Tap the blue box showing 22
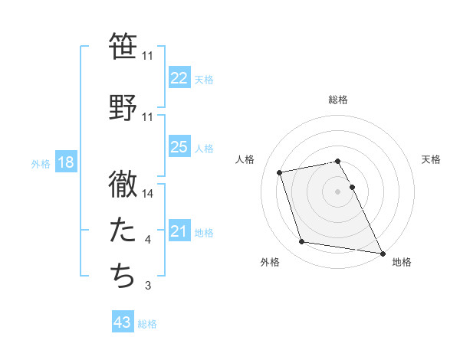tap(179, 78)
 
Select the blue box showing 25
tap(179, 147)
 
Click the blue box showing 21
tap(179, 231)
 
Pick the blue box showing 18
tap(64, 163)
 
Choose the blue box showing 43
tap(123, 323)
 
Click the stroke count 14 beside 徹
tap(148, 194)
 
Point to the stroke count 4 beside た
tap(148, 241)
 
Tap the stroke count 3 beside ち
tap(148, 286)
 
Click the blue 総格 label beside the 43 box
tap(147, 324)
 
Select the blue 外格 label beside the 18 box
tap(40, 164)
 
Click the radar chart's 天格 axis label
tap(431, 159)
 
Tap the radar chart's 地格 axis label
tap(402, 262)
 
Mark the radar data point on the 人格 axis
tap(280, 172)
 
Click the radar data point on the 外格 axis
tap(302, 242)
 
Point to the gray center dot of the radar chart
tap(338, 191)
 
